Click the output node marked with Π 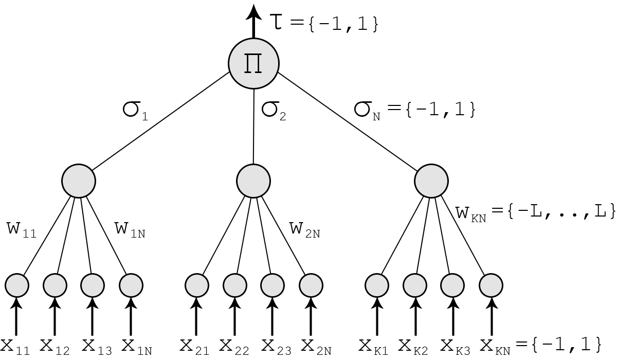253,64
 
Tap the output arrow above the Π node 253,21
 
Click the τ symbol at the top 276,22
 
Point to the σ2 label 274,111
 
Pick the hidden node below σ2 253,181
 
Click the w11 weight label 22,230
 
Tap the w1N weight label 130,230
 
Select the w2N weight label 304,230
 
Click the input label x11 15,347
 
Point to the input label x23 276,347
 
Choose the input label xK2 413,347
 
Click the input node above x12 55,285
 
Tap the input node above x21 196,285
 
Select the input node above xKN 491,285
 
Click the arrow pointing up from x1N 131,316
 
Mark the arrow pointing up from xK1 377,316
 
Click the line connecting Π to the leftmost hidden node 161,121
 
